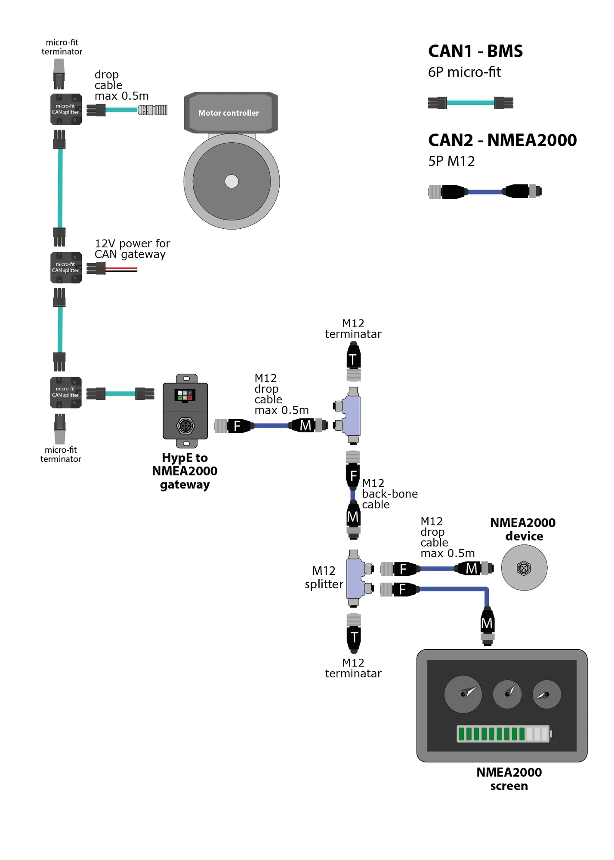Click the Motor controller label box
[x=231, y=113]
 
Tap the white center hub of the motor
[x=231, y=181]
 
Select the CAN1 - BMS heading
[x=475, y=51]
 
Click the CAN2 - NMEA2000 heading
[x=502, y=140]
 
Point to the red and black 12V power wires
[x=121, y=270]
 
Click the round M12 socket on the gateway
[x=185, y=426]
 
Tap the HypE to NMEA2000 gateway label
[x=185, y=471]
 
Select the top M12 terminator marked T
[x=353, y=361]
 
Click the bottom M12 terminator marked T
[x=354, y=633]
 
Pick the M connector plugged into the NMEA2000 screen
[x=487, y=626]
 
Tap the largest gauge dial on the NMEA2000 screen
[x=463, y=694]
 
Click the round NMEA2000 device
[x=524, y=568]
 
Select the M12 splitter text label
[x=324, y=577]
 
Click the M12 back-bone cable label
[x=390, y=494]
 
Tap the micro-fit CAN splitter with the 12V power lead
[x=66, y=267]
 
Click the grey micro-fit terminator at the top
[x=59, y=74]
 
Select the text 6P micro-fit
[x=464, y=72]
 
